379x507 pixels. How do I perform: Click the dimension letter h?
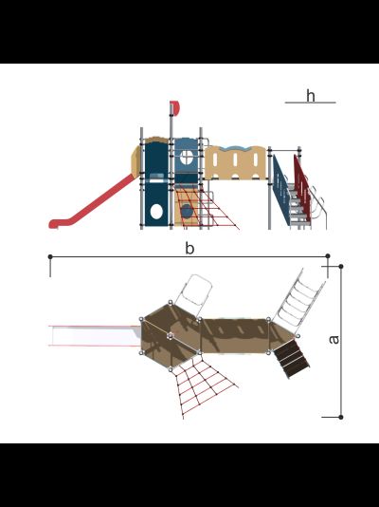pos(310,96)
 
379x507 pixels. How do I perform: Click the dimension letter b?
pos(189,249)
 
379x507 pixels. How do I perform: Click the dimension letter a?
pos(334,340)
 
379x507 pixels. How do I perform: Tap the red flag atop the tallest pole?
pos(174,107)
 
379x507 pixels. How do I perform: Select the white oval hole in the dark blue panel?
pos(156,211)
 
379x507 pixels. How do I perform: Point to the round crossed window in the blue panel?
pos(187,158)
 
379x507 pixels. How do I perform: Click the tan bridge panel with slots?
pos(236,162)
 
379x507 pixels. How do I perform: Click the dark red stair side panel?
pos(302,188)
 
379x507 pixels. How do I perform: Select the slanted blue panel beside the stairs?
pos(281,190)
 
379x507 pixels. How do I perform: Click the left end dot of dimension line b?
pos(50,256)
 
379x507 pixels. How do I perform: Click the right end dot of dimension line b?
pos(328,256)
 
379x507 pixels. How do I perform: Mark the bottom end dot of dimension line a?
pos(341,417)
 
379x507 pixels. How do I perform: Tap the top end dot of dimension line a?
pos(341,266)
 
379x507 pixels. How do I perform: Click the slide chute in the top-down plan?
pos(95,336)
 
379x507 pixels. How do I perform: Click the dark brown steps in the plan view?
pos(292,358)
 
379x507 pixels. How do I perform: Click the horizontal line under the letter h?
pos(310,103)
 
